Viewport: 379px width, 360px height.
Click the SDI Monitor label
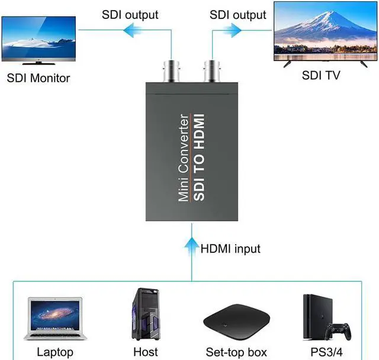38,78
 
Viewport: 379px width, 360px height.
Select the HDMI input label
230,249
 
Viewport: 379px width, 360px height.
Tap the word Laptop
55,352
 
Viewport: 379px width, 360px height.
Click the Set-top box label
236,352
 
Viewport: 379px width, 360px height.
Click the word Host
146,352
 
